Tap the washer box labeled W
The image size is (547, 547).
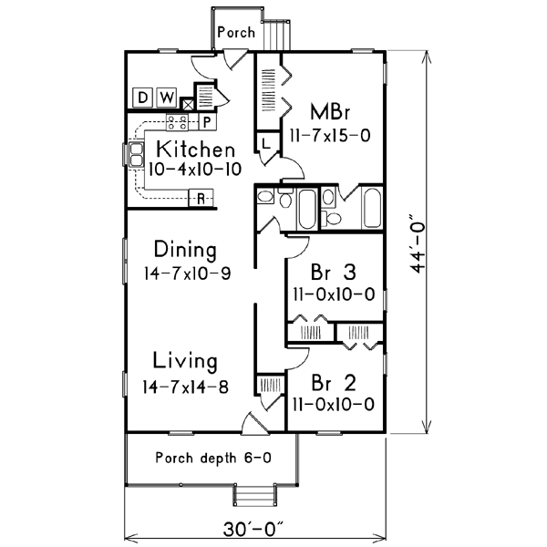(x=166, y=98)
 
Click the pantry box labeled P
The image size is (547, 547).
(x=206, y=120)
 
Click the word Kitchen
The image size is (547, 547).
(x=195, y=149)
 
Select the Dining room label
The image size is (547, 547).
(x=185, y=250)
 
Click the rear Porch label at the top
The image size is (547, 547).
(x=235, y=31)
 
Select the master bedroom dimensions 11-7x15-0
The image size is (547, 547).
(x=330, y=135)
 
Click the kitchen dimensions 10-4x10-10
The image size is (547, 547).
(x=189, y=169)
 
